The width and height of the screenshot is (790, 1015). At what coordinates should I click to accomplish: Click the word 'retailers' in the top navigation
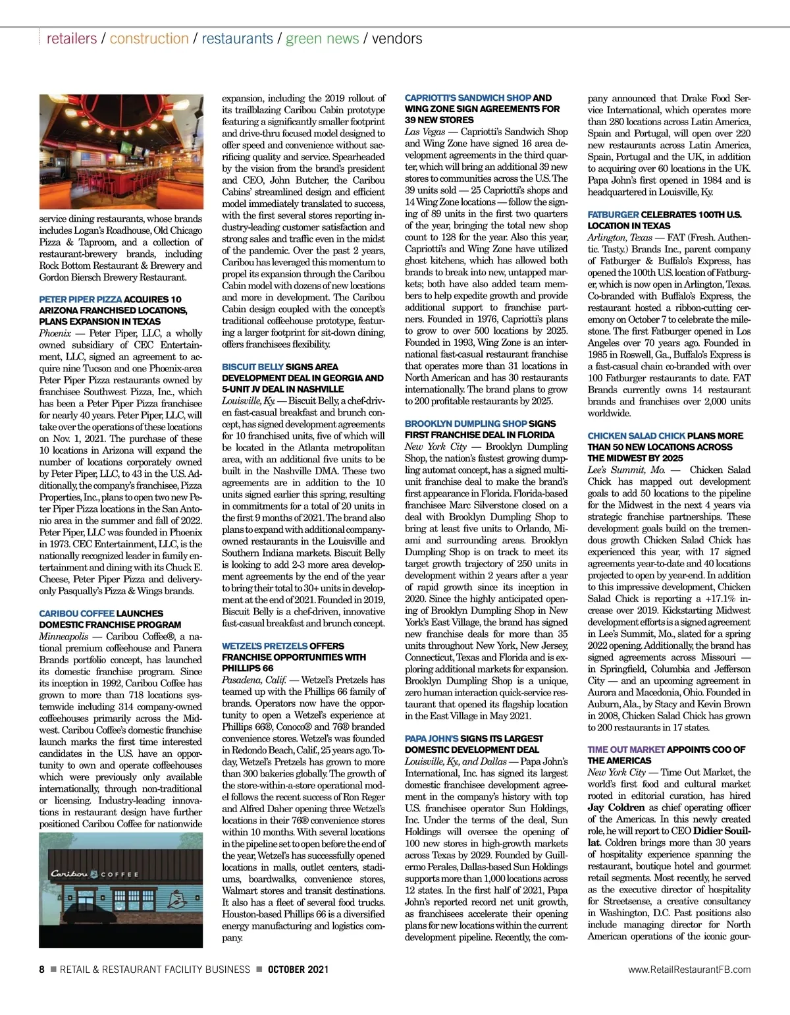71,38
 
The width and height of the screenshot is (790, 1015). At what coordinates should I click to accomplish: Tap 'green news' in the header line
322,38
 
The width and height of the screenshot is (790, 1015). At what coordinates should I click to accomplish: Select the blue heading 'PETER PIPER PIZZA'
80,299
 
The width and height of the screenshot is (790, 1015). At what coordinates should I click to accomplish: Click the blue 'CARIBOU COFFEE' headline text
76,613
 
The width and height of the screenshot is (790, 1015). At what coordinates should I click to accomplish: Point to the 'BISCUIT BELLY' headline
253,366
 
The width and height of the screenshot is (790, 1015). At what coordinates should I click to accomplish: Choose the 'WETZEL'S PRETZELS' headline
265,646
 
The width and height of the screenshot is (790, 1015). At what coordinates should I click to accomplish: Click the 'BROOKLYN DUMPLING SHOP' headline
465,424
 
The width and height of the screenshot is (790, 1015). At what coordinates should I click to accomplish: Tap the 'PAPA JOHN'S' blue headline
431,738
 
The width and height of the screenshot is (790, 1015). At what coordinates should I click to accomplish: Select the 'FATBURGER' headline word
613,215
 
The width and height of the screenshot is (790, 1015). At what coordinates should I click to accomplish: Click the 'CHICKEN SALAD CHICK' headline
636,436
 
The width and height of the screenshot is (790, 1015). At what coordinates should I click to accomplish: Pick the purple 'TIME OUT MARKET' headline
626,750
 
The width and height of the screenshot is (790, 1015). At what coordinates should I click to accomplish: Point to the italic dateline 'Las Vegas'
425,132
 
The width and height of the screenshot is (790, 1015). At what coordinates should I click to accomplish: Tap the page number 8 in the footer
42,970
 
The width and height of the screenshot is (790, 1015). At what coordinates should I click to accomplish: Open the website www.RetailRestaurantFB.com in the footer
689,970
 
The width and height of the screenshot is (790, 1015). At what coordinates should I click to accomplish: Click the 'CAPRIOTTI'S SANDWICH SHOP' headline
467,98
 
